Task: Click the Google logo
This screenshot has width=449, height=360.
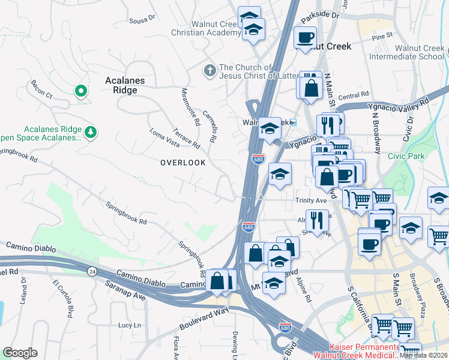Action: [20, 353]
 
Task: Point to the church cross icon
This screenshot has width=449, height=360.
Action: [210, 71]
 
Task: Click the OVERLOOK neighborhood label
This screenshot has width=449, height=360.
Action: [182, 163]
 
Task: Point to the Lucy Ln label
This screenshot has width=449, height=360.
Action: [130, 325]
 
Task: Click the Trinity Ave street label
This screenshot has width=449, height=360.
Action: [310, 201]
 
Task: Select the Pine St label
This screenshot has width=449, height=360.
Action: [382, 37]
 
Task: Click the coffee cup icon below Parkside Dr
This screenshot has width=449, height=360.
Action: [306, 37]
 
